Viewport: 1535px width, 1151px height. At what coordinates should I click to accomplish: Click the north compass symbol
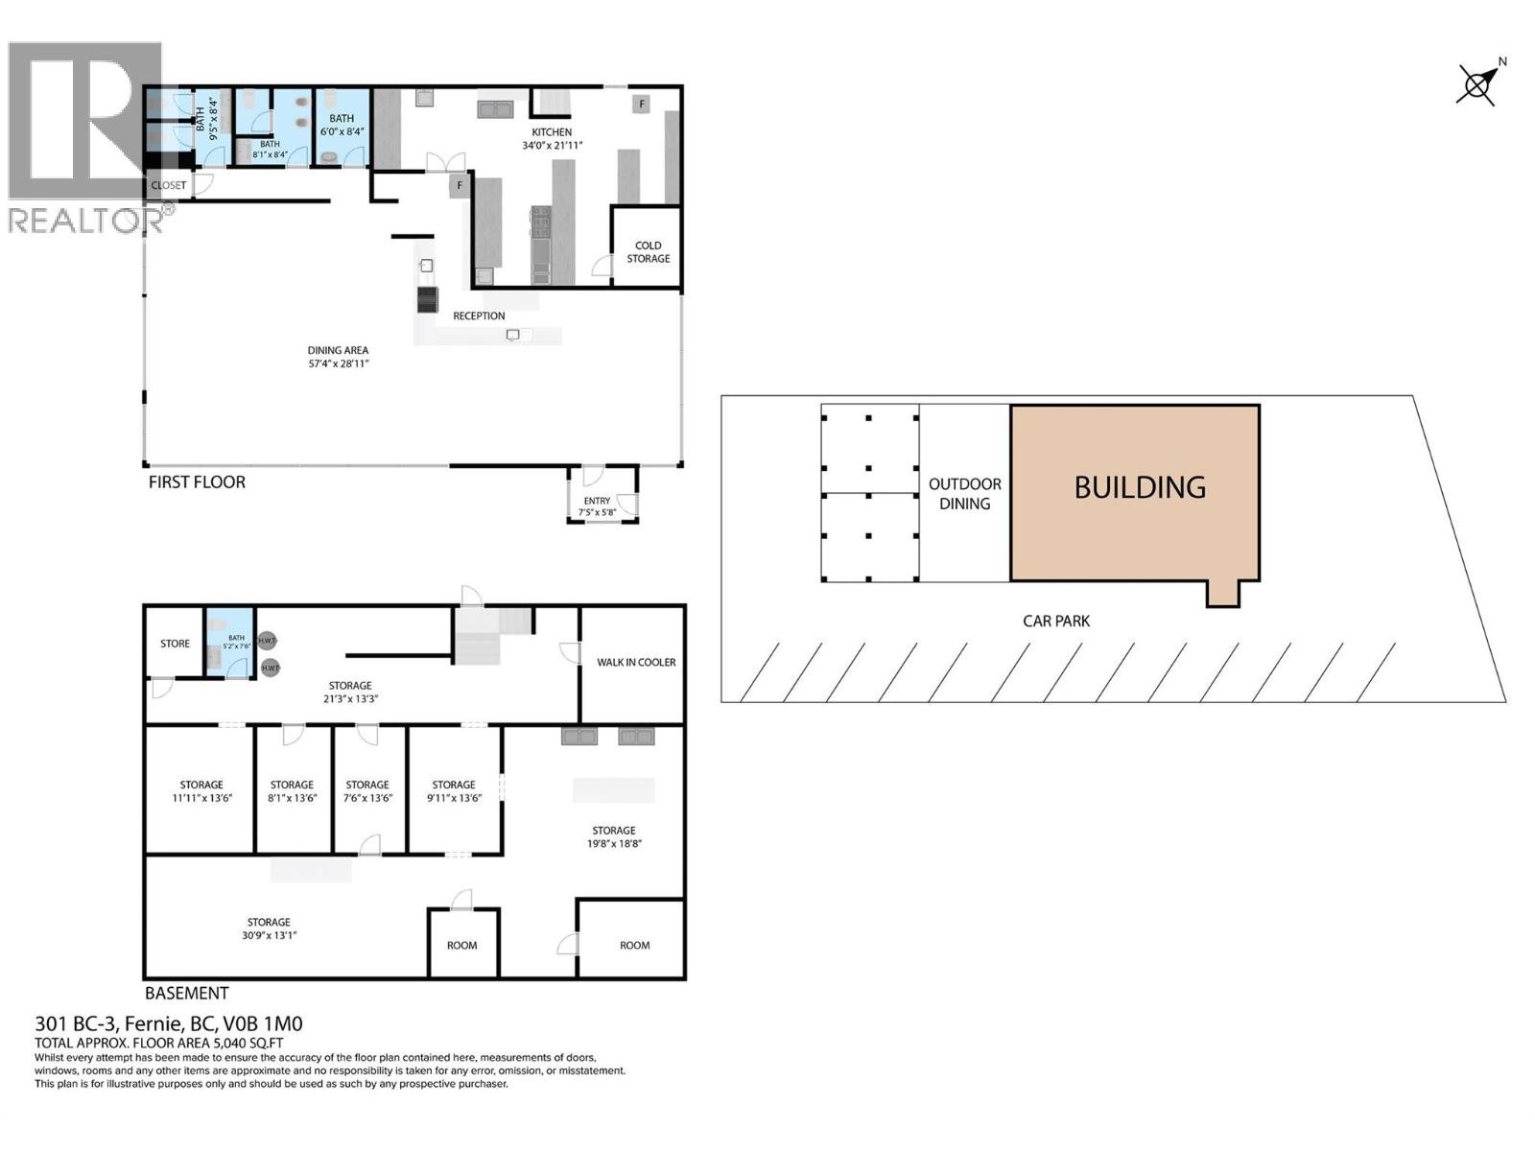(x=1478, y=84)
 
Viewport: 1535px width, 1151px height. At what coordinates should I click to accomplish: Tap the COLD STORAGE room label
(x=649, y=251)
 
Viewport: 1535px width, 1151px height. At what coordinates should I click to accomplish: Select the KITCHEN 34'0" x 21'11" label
(x=552, y=139)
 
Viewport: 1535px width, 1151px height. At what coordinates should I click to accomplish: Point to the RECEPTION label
(x=479, y=316)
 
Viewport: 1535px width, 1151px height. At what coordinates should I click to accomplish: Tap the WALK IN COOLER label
(x=636, y=662)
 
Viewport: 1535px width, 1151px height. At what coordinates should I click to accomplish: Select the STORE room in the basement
(x=175, y=644)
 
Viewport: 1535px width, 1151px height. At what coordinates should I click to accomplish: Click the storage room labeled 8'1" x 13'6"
(x=292, y=790)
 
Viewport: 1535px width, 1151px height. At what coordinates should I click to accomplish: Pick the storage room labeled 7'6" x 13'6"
(x=367, y=790)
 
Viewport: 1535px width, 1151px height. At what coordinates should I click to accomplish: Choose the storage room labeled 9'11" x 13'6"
(x=454, y=790)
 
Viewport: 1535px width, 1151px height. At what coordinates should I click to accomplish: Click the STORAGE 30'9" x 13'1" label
(x=269, y=928)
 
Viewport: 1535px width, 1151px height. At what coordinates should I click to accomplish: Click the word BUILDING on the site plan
(x=1139, y=487)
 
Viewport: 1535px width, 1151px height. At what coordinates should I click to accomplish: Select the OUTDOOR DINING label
(x=964, y=494)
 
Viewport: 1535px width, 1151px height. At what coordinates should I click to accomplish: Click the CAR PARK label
(x=1055, y=621)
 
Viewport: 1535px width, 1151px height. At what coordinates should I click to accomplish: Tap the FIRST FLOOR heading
(x=197, y=482)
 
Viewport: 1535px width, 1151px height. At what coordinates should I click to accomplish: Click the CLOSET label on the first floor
(x=169, y=185)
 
